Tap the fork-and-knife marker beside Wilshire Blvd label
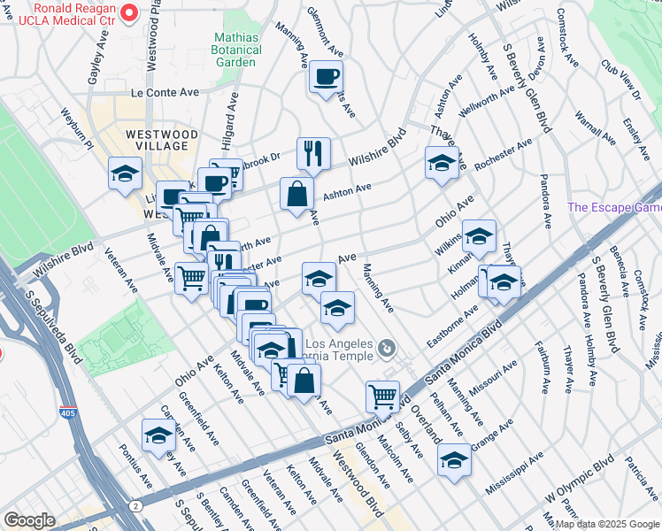pos(313,154)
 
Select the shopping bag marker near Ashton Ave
pos(296,194)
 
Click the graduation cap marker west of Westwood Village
pos(125,173)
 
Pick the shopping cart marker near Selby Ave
pos(382,396)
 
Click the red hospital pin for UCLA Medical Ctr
pos(129,12)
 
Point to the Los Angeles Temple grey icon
pos(386,350)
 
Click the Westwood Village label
pos(157,139)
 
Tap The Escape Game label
pos(614,208)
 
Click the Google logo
pos(29,520)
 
